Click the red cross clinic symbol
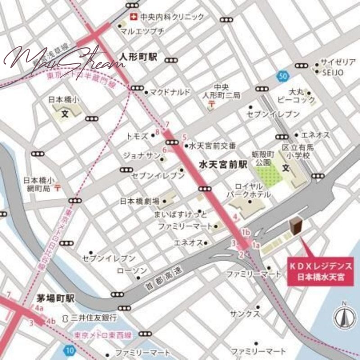pos(133,17)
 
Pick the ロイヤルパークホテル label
pos(252,191)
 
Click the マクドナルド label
pos(170,92)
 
